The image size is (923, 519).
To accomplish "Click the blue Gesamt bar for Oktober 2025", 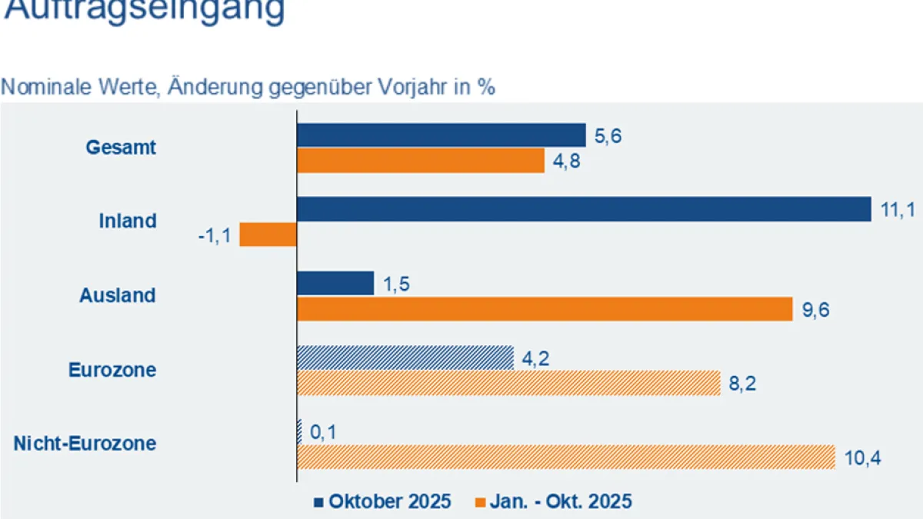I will (x=441, y=135).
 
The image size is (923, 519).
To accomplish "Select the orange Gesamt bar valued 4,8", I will (x=420, y=160).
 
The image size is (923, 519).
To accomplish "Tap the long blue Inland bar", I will (x=583, y=209).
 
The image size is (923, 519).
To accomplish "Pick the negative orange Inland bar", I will (x=268, y=234).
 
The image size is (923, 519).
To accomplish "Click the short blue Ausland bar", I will (x=335, y=283).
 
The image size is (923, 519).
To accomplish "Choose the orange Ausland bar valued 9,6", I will (x=545, y=308).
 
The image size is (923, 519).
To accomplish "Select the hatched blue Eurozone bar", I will (x=405, y=358).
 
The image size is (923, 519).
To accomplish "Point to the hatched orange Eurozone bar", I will (x=508, y=382).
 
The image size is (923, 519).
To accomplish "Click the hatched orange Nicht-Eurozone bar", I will (x=565, y=457).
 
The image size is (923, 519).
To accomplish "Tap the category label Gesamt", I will (x=121, y=147).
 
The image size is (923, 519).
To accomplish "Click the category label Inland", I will (x=128, y=221).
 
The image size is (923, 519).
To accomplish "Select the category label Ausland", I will (x=118, y=295).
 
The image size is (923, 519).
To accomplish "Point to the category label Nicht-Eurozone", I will (x=85, y=444).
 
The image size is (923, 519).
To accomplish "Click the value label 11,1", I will (x=895, y=209).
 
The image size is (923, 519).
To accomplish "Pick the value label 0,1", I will (x=323, y=432).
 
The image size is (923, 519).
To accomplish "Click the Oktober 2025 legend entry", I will (x=382, y=501).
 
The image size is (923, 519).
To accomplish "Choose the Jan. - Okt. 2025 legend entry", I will (x=554, y=501).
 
